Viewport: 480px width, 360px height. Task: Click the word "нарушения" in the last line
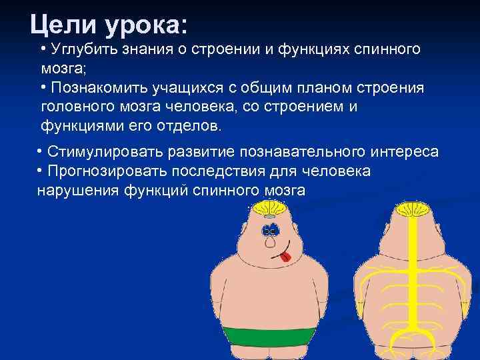pos(78,191)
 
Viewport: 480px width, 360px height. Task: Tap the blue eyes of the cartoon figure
pos(269,231)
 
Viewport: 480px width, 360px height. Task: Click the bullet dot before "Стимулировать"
pos(41,151)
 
